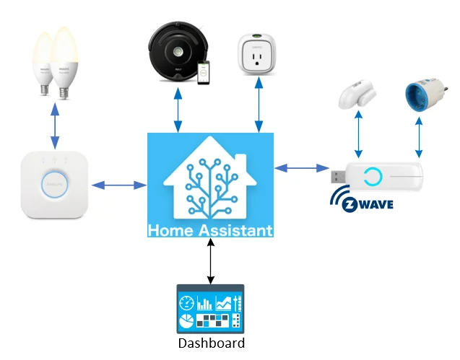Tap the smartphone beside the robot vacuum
point(207,73)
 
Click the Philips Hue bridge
point(55,185)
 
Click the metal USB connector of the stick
point(339,175)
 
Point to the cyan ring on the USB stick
point(374,176)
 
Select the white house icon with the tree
point(209,184)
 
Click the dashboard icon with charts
point(210,309)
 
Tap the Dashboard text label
point(211,343)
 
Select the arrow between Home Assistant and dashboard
point(210,261)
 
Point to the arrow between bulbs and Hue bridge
point(54,127)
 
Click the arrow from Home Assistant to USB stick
point(300,168)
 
